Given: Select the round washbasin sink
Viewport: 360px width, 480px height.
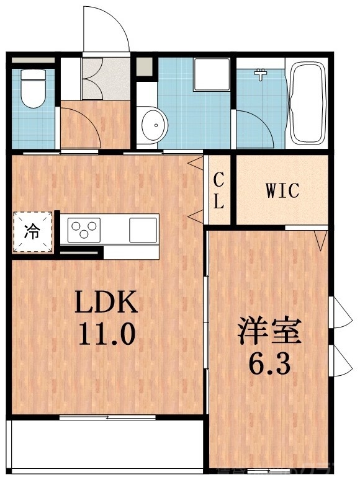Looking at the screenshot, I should click(153, 126).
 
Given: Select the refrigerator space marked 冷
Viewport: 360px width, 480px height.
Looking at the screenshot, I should click(30, 233).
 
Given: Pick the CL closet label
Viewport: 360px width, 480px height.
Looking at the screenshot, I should click(219, 190).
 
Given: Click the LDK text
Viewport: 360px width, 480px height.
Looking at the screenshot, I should click(106, 303).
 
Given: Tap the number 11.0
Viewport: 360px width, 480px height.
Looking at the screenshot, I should click(106, 336).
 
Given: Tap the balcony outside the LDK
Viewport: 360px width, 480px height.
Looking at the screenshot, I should click(106, 443).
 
